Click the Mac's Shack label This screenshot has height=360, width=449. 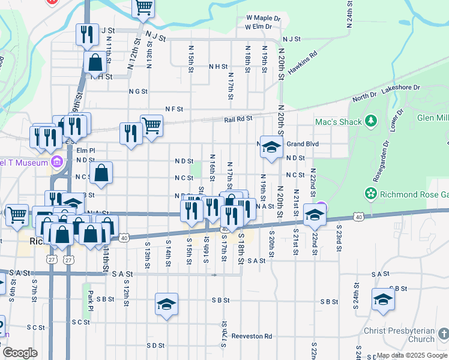(x=339, y=122)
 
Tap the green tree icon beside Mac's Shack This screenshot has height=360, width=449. (x=371, y=122)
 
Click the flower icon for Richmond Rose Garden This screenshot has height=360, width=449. (x=371, y=194)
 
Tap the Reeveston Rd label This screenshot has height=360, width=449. (x=252, y=336)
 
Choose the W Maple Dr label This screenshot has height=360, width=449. (x=263, y=18)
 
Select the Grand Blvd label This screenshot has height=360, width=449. (x=302, y=144)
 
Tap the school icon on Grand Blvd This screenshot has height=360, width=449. (x=271, y=147)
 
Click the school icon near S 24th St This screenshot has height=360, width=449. (x=383, y=299)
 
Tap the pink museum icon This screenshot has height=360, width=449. (x=58, y=161)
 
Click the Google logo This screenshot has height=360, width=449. (x=20, y=353)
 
